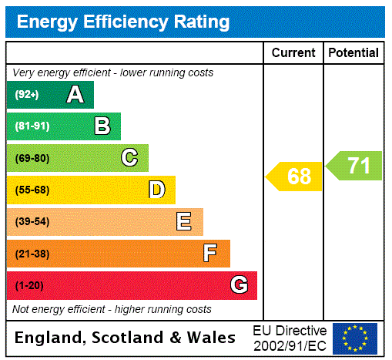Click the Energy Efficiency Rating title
tap(123, 22)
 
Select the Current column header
tap(293, 53)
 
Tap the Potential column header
tap(353, 53)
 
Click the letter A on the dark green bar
tap(75, 95)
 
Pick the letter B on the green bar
tap(102, 126)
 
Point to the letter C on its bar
tap(129, 158)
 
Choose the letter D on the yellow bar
tap(156, 190)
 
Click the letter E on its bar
tap(184, 222)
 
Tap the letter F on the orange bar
tap(209, 254)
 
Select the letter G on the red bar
tap(240, 285)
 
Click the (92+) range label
tap(27, 95)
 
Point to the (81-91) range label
tap(32, 126)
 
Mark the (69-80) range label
tap(32, 158)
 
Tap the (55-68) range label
tap(32, 190)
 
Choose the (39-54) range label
tap(32, 222)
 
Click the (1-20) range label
tap(29, 285)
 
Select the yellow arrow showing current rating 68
tap(295, 177)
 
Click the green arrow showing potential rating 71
tap(355, 166)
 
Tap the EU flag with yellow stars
tap(355, 338)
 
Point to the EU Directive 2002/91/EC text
tap(290, 338)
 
